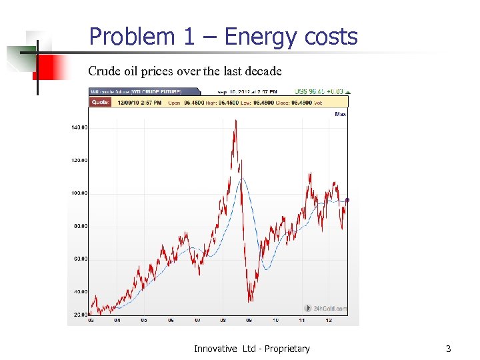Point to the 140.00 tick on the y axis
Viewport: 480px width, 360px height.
coord(79,127)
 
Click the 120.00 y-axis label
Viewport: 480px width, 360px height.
coord(79,160)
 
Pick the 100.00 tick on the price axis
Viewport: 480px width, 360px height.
coord(79,193)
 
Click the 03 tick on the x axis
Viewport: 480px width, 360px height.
coord(91,320)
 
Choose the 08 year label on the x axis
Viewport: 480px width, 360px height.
coord(223,320)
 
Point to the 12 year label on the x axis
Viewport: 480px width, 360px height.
coord(328,320)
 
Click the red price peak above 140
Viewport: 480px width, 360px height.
coord(235,121)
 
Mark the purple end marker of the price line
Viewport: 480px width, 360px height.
coord(347,200)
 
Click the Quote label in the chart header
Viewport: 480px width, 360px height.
coord(100,102)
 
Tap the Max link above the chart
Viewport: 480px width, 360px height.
coord(341,114)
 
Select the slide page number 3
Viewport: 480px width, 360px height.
coord(448,349)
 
